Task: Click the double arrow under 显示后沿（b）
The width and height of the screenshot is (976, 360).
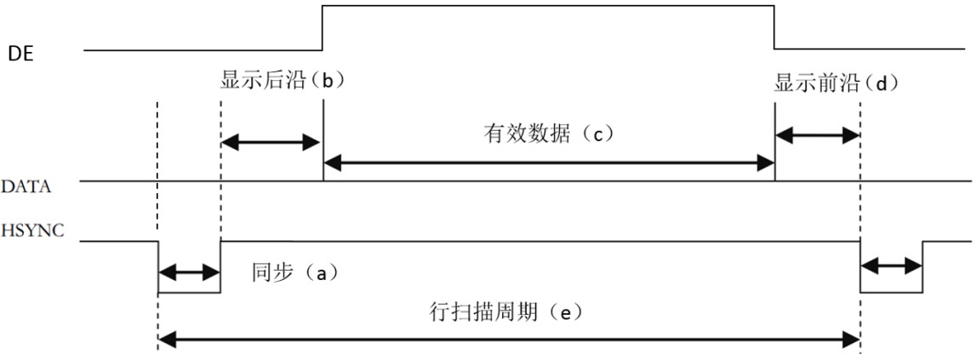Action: pos(271,142)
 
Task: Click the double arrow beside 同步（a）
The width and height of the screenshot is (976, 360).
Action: pos(189,273)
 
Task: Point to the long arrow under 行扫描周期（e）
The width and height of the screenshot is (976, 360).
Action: pos(509,340)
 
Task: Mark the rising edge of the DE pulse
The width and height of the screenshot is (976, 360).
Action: pos(322,27)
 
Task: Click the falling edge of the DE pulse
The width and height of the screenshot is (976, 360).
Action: pos(774,27)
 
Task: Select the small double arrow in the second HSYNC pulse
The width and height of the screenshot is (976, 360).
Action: pos(892,266)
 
